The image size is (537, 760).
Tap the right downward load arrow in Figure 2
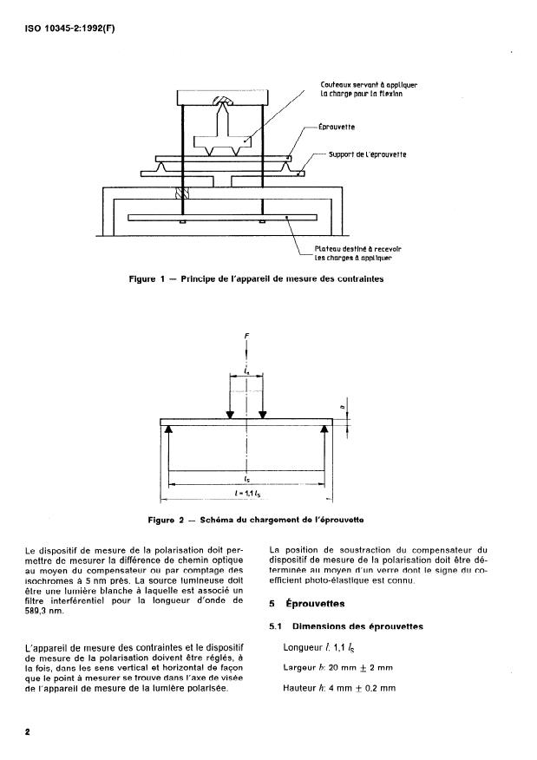263,411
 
